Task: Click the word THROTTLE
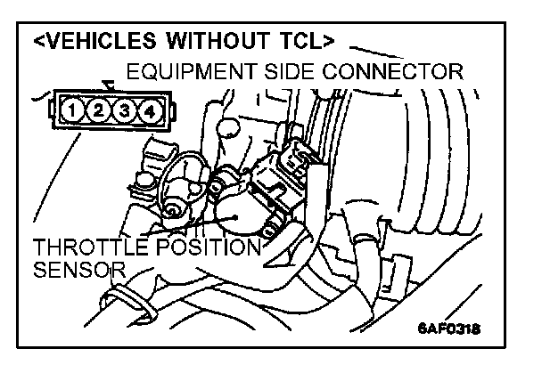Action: [87, 247]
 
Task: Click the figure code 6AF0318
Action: [449, 327]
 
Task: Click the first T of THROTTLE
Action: [40, 247]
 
